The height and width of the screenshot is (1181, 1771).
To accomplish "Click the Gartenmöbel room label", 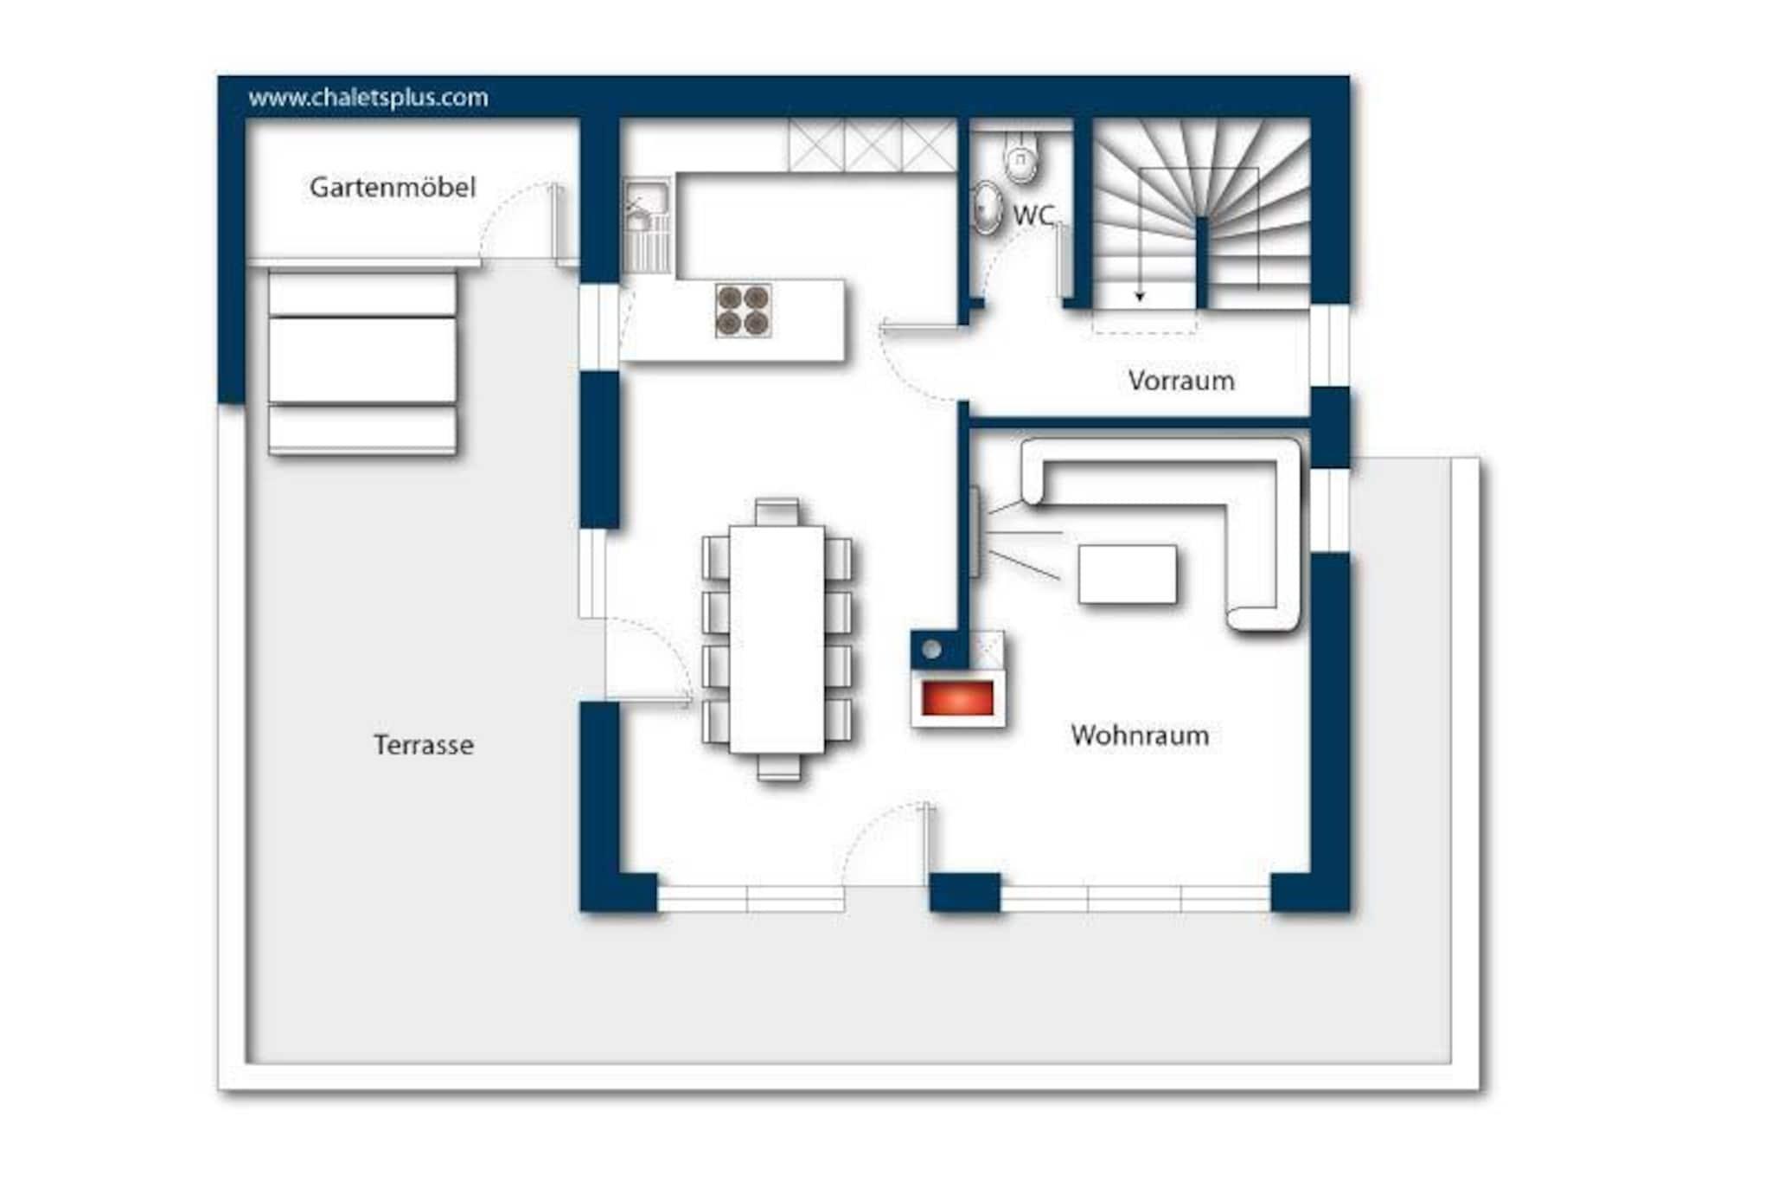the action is [x=393, y=188].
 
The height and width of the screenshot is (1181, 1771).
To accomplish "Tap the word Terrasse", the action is [x=424, y=745].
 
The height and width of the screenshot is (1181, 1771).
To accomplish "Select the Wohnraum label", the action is [x=1140, y=735].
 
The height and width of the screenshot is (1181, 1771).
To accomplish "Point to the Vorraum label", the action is [x=1181, y=381].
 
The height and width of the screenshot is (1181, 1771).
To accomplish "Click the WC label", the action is [x=1033, y=215].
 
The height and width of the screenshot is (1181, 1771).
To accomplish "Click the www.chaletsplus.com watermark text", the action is [x=368, y=98].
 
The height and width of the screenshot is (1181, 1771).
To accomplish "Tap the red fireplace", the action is [x=957, y=698].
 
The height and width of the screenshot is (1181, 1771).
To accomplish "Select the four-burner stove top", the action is [x=743, y=311].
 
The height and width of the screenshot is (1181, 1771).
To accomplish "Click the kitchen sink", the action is [x=647, y=226].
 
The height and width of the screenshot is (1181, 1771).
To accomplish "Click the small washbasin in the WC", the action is [x=985, y=208].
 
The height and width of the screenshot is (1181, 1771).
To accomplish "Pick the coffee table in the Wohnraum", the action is [x=1128, y=574].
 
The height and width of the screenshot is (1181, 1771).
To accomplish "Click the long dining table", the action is [x=777, y=639].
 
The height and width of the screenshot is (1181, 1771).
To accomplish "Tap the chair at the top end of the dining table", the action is [x=777, y=512].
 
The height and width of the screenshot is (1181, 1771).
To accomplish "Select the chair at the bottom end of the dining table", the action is [x=778, y=767].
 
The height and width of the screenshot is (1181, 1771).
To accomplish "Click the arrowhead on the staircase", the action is [x=1140, y=297].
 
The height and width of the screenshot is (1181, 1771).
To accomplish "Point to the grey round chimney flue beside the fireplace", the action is [x=931, y=649].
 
